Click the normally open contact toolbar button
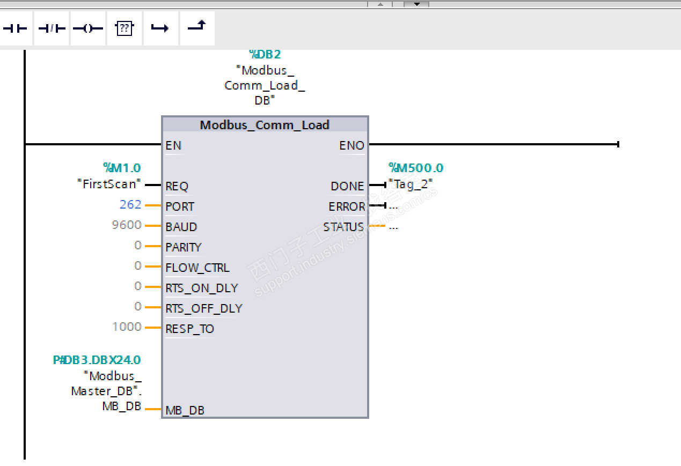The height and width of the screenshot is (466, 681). click(x=16, y=28)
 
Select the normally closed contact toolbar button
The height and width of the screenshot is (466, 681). click(x=52, y=28)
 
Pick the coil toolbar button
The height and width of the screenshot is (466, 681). click(x=88, y=28)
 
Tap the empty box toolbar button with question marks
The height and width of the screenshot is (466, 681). click(x=125, y=28)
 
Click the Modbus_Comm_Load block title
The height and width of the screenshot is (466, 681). click(x=265, y=125)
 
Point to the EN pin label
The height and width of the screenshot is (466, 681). click(x=173, y=145)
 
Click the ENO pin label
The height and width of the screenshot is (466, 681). click(x=352, y=145)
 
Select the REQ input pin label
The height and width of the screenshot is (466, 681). click(x=177, y=186)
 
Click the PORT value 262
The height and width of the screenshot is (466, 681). click(x=130, y=204)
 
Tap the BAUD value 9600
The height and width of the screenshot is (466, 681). click(x=127, y=225)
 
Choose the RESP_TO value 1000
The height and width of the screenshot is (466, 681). click(x=127, y=327)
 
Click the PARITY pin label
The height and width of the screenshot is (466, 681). click(x=184, y=247)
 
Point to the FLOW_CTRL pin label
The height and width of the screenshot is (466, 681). click(x=197, y=268)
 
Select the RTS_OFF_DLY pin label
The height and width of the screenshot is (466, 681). click(x=204, y=308)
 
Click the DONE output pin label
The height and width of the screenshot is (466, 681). click(x=347, y=186)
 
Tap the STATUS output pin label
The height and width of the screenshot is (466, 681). click(x=343, y=227)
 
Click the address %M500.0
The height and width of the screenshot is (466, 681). click(x=416, y=168)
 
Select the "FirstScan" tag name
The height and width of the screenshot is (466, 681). click(x=109, y=184)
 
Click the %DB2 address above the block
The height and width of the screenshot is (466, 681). click(x=265, y=55)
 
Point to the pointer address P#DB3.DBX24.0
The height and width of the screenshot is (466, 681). click(x=97, y=360)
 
